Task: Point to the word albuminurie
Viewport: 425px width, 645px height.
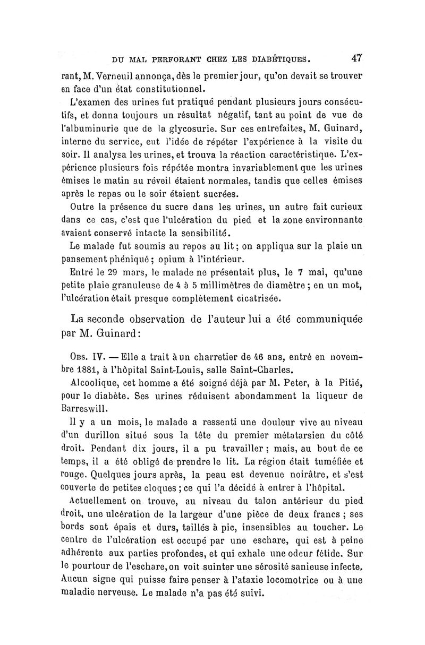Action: tap(91, 127)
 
